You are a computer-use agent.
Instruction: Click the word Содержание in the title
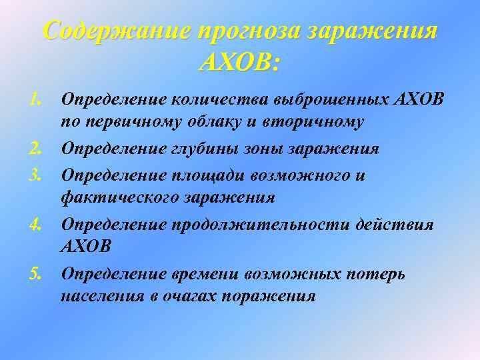point(114,32)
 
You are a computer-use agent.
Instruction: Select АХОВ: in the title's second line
point(240,64)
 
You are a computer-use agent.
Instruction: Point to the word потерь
point(380,274)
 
